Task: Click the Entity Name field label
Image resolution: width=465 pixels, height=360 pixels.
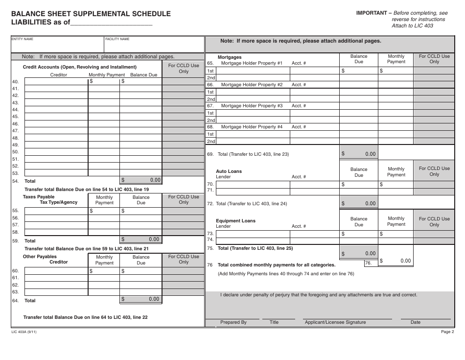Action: coord(22,39)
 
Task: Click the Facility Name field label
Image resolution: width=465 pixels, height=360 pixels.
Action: coord(117,39)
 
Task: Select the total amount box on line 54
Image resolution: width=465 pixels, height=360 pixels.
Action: coord(141,180)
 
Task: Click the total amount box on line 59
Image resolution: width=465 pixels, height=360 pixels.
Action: coord(141,240)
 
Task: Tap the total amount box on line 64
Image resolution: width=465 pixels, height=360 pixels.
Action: coord(141,299)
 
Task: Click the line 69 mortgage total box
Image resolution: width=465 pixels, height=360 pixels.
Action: coord(359,154)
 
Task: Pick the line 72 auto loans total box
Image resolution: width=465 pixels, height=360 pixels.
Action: coord(359,203)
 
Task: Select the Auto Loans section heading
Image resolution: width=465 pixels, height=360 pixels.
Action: coord(229,171)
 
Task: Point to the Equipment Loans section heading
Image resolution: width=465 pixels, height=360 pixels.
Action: coord(235,221)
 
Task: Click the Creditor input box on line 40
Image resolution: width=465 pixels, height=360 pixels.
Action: coord(56,81)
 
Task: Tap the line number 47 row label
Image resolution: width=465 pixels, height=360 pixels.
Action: coord(15,131)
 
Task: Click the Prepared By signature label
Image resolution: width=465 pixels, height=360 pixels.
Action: coord(233,322)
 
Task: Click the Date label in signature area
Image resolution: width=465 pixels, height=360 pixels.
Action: coord(415,322)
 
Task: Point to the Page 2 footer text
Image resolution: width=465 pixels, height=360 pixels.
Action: coord(447,332)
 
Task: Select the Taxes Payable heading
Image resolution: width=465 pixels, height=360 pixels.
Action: coord(39,197)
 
